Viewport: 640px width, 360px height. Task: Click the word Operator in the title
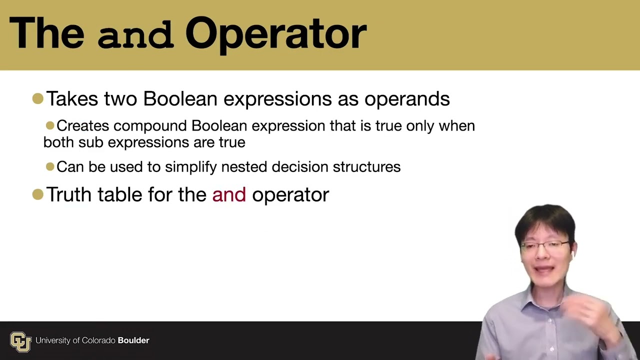tap(275, 34)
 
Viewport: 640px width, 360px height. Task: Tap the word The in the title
tap(46, 34)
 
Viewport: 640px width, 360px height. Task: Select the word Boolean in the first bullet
tap(180, 98)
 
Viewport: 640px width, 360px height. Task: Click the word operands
tap(406, 99)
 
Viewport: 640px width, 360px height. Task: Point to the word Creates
tap(82, 125)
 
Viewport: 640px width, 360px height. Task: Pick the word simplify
tap(191, 167)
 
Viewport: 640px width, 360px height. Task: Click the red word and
tap(228, 194)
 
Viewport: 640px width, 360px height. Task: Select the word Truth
tap(69, 194)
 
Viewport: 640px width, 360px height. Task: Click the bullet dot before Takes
tap(37, 98)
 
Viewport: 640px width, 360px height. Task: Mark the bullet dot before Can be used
tap(50, 166)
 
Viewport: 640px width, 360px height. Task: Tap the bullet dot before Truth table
tap(37, 194)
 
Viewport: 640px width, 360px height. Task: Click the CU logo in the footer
tap(20, 341)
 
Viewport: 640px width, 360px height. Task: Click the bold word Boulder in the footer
tap(133, 340)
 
